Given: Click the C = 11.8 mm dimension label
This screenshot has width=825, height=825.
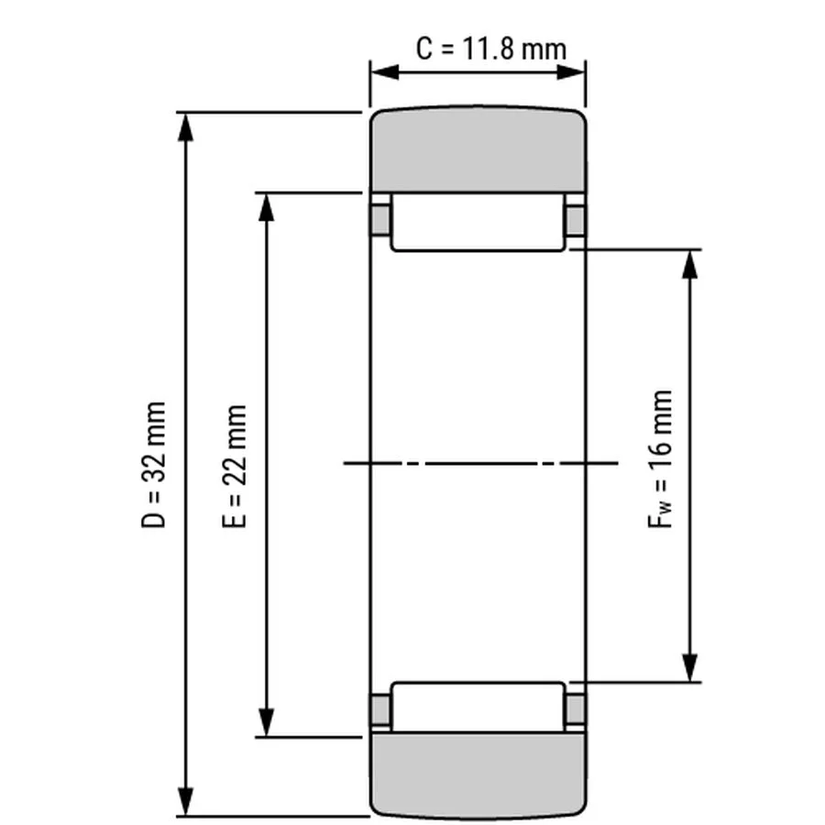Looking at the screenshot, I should pyautogui.click(x=490, y=47).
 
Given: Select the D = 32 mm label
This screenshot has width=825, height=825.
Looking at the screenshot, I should pyautogui.click(x=154, y=464).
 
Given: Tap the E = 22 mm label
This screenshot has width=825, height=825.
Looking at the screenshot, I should pyautogui.click(x=235, y=465).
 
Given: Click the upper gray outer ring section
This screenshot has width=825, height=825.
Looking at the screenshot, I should pyautogui.click(x=478, y=151).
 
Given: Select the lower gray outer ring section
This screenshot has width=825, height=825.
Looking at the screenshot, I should pyautogui.click(x=478, y=775).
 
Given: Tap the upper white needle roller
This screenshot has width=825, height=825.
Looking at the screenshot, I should pyautogui.click(x=478, y=222).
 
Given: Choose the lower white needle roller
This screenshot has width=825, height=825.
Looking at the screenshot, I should pyautogui.click(x=478, y=707).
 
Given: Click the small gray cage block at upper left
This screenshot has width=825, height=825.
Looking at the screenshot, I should pyautogui.click(x=380, y=220).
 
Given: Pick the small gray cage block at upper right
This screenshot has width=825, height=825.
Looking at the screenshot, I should pyautogui.click(x=576, y=220).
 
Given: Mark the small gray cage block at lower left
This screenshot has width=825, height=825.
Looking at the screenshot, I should pyautogui.click(x=380, y=709).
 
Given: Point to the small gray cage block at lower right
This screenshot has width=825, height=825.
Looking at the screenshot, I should pyautogui.click(x=576, y=709).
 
